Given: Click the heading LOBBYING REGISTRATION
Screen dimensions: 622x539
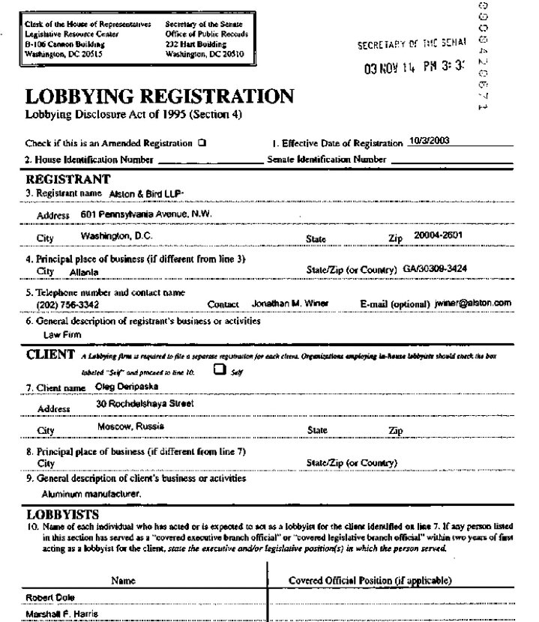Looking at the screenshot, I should [x=159, y=97].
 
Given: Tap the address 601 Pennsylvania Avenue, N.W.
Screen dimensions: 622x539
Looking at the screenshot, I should [x=146, y=214].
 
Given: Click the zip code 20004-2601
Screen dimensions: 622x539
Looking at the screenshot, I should [x=439, y=235].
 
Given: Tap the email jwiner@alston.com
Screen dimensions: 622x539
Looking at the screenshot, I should [x=472, y=304].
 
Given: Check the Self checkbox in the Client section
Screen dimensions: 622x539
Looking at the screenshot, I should [x=220, y=369].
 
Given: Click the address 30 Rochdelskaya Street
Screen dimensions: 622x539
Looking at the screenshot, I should [x=145, y=403].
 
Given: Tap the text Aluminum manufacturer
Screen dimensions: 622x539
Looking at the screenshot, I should [x=91, y=495].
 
